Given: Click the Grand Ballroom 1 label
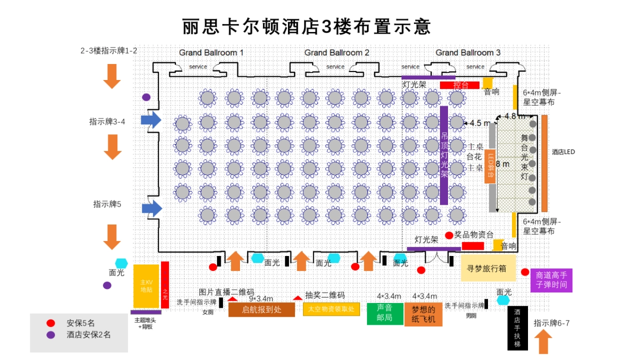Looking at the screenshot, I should click(211, 53).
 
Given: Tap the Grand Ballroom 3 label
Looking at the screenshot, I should click(468, 53).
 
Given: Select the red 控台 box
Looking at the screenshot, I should click(460, 85).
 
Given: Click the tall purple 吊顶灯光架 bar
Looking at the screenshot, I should click(444, 155).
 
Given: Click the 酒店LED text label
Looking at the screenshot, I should click(563, 152).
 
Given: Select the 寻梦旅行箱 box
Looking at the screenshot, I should click(488, 268).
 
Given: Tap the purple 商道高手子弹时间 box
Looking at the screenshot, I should click(551, 280).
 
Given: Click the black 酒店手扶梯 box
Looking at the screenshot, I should click(517, 328).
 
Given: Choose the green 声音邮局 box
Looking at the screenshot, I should click(385, 314).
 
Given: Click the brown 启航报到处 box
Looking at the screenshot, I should click(261, 310).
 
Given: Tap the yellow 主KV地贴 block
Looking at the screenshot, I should click(146, 286).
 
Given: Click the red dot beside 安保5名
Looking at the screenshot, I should click(51, 323).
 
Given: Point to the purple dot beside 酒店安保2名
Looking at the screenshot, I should click(51, 335).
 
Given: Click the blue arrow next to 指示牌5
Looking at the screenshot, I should click(151, 208).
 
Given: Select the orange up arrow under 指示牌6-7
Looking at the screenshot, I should click(543, 342).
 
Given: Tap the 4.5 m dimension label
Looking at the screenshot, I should click(479, 123).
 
